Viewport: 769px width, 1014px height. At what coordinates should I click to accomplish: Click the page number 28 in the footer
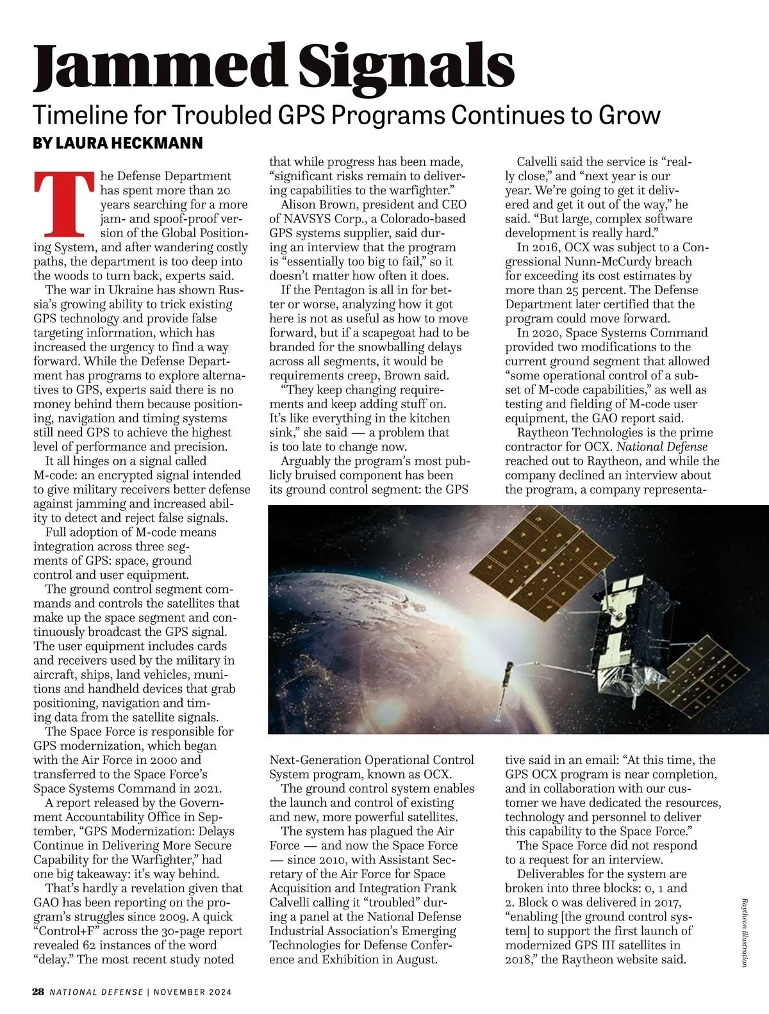tap(38, 992)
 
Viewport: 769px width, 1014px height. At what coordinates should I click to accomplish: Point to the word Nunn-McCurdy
tap(650, 262)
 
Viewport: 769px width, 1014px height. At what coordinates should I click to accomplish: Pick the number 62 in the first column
tap(89, 945)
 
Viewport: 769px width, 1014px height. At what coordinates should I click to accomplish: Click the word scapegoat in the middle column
tap(397, 333)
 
